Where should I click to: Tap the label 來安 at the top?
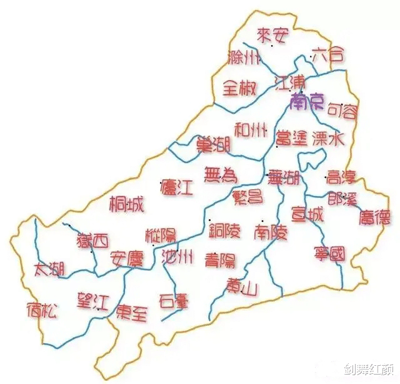click(x=273, y=35)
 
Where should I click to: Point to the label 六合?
click(x=327, y=54)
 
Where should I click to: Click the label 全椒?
click(x=239, y=88)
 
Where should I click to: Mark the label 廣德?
click(x=375, y=217)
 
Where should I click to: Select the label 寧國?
click(x=329, y=254)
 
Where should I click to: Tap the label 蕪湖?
click(x=284, y=178)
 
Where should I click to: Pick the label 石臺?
click(x=174, y=299)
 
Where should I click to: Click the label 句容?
click(x=343, y=112)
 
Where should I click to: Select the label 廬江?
click(x=176, y=186)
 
